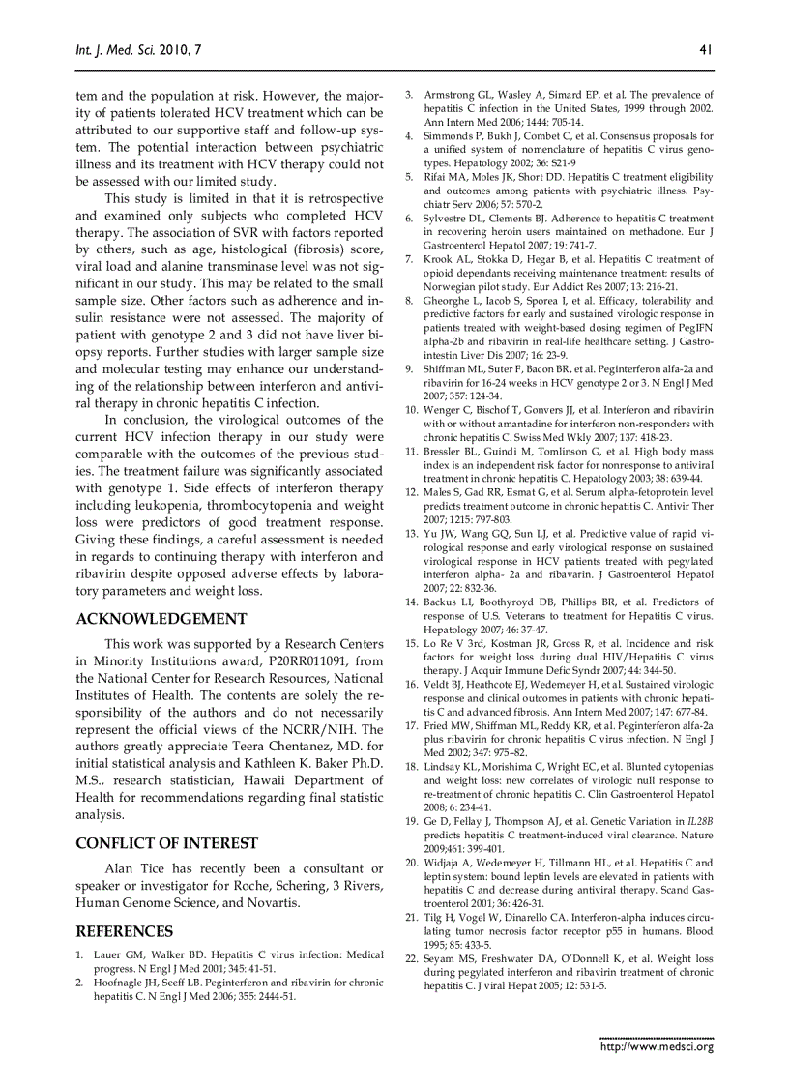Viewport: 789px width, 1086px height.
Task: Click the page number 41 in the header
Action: click(705, 49)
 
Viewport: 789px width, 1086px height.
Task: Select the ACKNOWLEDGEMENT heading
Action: click(161, 619)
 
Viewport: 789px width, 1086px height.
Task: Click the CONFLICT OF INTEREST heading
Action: click(166, 843)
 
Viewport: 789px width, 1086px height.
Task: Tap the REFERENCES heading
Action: click(124, 931)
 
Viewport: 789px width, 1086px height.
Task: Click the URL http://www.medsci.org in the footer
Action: click(657, 1045)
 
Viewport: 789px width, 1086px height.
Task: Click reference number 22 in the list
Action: click(410, 958)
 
